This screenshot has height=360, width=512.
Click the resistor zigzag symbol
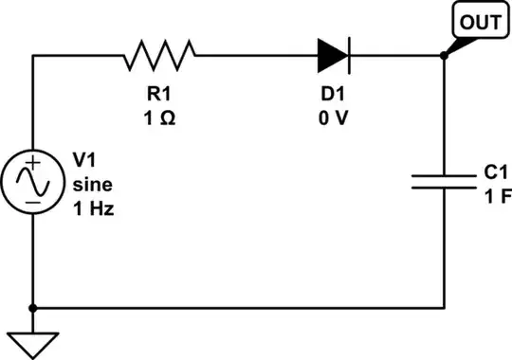coord(159,55)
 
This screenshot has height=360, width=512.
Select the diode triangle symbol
coord(333,55)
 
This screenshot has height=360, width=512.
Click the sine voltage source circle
coord(33,182)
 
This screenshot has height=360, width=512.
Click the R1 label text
coord(159,98)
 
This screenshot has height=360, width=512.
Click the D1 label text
coord(332,98)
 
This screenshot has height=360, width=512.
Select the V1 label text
coord(84,161)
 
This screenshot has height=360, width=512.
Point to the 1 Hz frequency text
coord(93,207)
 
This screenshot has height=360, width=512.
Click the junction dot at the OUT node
coord(445,55)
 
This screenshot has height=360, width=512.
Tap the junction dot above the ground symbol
coord(33,308)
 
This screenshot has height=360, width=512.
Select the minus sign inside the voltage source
coord(33,200)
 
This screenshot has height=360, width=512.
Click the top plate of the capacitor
coord(445,174)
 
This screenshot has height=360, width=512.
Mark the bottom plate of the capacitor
coord(445,188)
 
